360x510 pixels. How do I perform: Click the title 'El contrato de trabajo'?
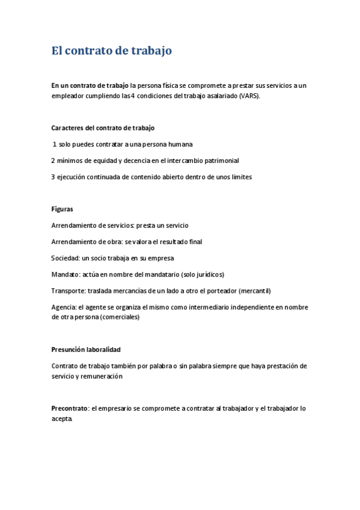[x=112, y=51]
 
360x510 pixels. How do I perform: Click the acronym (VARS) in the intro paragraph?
[x=249, y=96]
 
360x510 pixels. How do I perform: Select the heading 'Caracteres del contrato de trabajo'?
[x=103, y=128]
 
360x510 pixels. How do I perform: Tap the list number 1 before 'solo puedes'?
[x=55, y=144]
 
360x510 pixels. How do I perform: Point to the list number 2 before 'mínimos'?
[x=53, y=161]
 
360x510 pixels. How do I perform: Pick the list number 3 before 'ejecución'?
[x=53, y=177]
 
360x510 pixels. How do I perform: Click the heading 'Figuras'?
[x=63, y=209]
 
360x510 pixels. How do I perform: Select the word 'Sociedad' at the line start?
[x=66, y=258]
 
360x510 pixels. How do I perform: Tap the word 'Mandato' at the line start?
[x=66, y=274]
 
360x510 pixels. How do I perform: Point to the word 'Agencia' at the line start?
[x=64, y=307]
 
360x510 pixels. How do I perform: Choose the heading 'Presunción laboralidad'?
[x=87, y=349]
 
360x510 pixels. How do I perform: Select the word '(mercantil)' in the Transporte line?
[x=255, y=290]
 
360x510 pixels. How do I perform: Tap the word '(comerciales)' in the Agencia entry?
[x=120, y=317]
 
